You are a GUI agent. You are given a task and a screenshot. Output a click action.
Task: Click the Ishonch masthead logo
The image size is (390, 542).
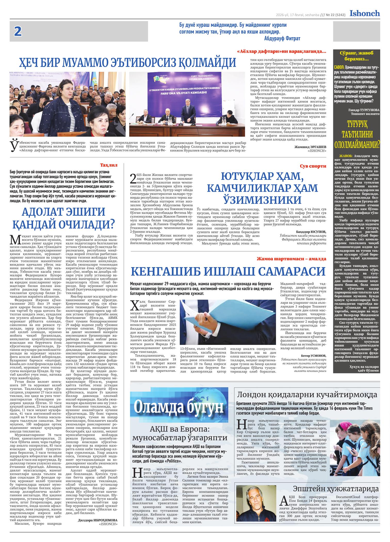[364, 13]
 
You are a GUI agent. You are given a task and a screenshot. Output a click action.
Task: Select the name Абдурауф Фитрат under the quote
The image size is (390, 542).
[282, 38]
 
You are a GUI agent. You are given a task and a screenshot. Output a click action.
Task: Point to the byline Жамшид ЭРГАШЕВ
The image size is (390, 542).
[310, 147]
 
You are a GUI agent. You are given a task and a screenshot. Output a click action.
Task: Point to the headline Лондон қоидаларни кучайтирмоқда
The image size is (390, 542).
[307, 394]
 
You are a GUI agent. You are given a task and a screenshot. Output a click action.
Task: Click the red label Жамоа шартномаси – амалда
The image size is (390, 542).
[291, 259]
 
